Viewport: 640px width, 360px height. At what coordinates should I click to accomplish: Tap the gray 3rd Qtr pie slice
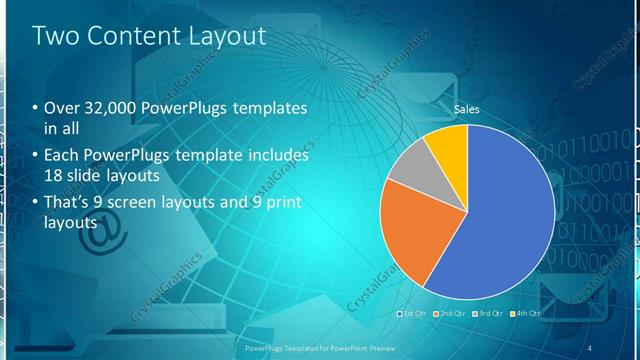click(407, 168)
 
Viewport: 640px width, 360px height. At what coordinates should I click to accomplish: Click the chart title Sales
click(467, 108)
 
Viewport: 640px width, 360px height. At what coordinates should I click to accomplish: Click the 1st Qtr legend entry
click(413, 313)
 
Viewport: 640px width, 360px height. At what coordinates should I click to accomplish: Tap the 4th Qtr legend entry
click(526, 313)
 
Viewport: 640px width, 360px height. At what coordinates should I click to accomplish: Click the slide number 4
click(590, 347)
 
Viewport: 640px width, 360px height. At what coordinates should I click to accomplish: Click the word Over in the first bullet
click(59, 108)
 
